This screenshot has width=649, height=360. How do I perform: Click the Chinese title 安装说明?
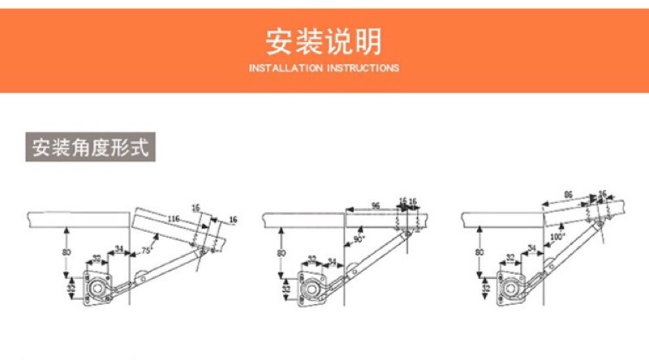[x=324, y=41]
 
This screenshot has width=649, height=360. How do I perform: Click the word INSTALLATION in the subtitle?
[x=286, y=69]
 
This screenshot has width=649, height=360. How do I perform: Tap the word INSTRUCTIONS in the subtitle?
[x=362, y=69]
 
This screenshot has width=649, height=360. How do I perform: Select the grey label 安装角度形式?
[x=90, y=149]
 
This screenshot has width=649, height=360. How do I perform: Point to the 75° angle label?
[x=147, y=251]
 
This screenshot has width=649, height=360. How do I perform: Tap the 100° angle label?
[x=557, y=237]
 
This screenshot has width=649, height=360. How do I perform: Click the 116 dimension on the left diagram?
[x=173, y=219]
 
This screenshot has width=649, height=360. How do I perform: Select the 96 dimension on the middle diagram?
[x=376, y=205]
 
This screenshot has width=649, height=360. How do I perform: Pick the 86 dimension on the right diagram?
[x=568, y=196]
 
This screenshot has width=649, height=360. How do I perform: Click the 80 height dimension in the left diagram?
[x=67, y=252]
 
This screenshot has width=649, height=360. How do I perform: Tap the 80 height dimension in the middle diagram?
[x=282, y=252]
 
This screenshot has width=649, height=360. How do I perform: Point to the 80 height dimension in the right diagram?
[x=479, y=252]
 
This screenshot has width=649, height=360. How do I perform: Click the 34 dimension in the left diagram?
[x=119, y=250]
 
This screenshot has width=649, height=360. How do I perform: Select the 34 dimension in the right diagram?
[x=532, y=249]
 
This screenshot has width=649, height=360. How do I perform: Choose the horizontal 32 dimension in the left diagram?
[x=96, y=259]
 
